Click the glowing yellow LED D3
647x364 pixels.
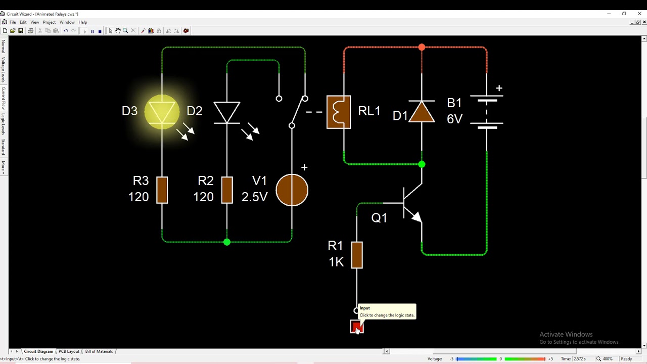pos(162,112)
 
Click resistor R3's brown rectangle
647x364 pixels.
pos(162,190)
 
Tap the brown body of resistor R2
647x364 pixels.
pos(227,190)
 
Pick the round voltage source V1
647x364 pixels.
pos(292,190)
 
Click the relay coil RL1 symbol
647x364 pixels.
pos(339,112)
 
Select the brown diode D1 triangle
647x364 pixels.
pos(422,112)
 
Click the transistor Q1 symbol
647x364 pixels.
pos(410,204)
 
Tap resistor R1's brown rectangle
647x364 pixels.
pos(357,255)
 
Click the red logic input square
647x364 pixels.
pos(356,327)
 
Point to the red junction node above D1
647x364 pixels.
pos(422,48)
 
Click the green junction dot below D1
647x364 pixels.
pos(422,164)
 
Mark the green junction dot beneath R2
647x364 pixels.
pos(227,242)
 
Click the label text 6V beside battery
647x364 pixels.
pos(454,119)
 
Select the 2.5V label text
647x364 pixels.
pos(254,197)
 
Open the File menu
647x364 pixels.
pos(13,22)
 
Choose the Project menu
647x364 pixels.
pos(49,22)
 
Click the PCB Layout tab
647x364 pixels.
pos(69,351)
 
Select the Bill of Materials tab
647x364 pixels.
pos(99,351)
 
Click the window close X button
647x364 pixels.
pos(639,14)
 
